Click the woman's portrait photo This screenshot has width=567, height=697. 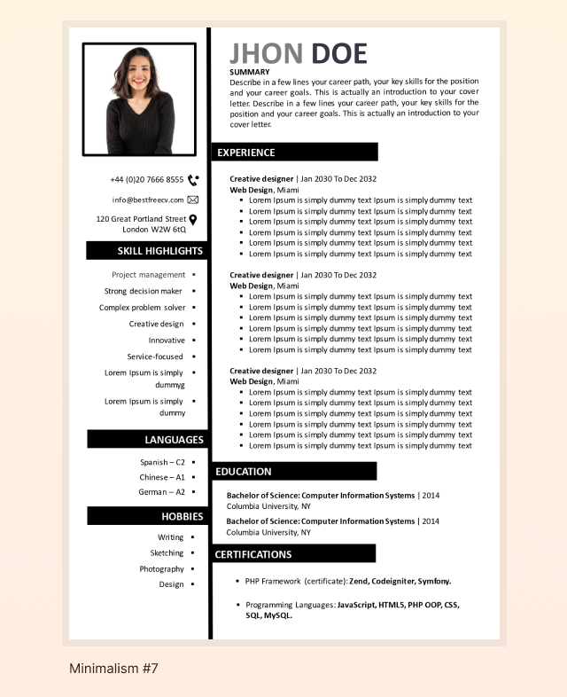click(139, 99)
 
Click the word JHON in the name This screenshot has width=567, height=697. click(266, 54)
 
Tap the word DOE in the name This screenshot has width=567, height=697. click(338, 54)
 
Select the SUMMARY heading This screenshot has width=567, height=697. click(249, 72)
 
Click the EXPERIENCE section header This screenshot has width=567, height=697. click(246, 153)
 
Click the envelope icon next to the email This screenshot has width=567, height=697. click(193, 200)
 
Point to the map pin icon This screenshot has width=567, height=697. click(193, 219)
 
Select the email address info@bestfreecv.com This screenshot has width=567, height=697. click(148, 200)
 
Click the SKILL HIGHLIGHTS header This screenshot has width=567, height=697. click(160, 251)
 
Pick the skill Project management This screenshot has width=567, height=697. click(149, 275)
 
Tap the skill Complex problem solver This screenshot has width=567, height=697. click(143, 308)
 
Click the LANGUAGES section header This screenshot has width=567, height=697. click(174, 440)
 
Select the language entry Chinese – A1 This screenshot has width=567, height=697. click(162, 477)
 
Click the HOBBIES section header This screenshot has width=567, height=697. click(183, 516)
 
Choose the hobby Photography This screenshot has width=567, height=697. click(161, 569)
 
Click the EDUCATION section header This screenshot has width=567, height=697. click(244, 472)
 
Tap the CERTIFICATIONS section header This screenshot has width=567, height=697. click(253, 554)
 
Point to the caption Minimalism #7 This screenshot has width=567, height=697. click(113, 669)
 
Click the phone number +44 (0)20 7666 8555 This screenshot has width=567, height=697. click(147, 179)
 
